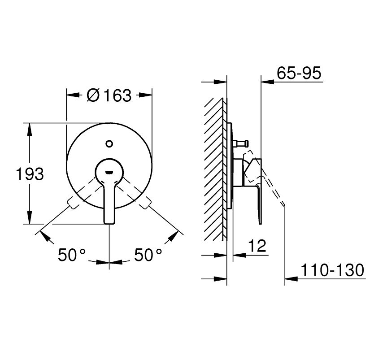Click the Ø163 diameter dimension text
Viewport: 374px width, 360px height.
109,95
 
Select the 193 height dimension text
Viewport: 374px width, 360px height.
30,174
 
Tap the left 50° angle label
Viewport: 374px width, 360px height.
72,255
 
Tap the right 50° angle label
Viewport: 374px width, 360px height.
148,255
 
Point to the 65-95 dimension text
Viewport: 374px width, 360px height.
299,73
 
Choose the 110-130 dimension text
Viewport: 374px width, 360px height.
332,270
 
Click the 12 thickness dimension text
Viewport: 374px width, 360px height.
257,246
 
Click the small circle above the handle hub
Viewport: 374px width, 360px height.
109,144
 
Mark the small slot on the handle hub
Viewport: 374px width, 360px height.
109,172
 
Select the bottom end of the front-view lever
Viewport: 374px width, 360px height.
109,223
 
